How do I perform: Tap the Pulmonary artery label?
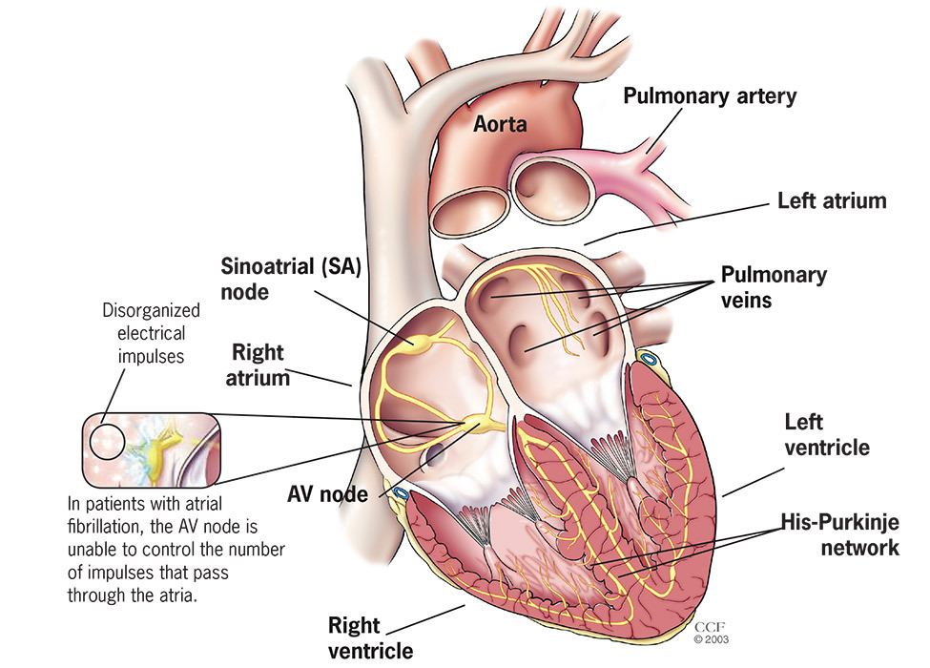tap(710, 95)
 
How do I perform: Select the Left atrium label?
tap(832, 201)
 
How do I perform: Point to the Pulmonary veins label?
tap(774, 286)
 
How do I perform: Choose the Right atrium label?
tap(258, 365)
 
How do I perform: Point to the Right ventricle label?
tap(370, 637)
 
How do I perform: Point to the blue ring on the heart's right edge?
tap(649, 360)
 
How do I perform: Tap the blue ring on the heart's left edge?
tap(401, 494)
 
